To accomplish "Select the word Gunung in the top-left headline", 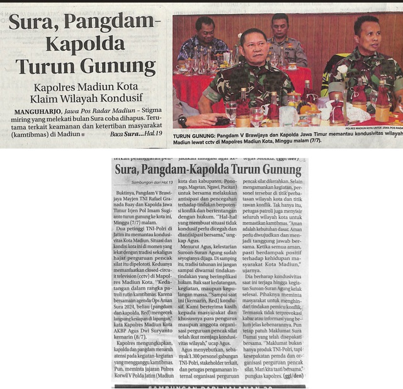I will [x=119, y=67].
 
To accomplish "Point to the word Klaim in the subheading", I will [x=45, y=99].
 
